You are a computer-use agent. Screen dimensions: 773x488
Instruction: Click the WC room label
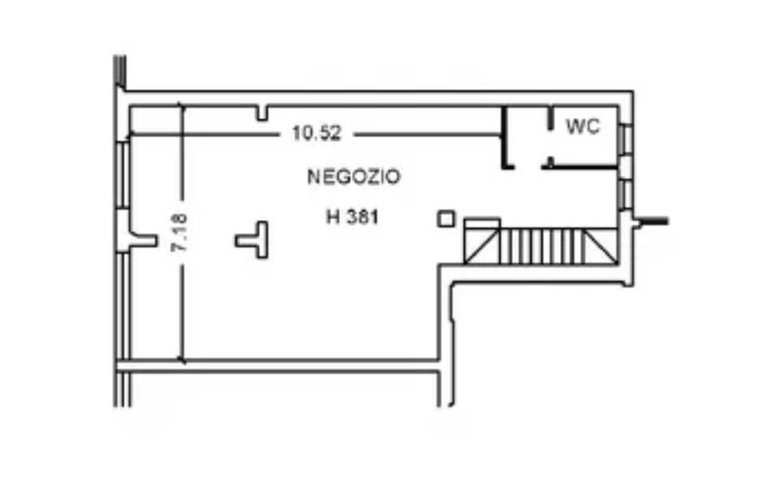582,127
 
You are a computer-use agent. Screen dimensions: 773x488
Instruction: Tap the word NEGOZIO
353,176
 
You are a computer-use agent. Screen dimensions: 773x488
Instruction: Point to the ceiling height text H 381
352,216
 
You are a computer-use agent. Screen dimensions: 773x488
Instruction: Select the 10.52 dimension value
317,133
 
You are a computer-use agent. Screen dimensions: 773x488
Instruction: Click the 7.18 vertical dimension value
179,232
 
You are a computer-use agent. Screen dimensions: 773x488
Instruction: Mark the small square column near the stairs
446,218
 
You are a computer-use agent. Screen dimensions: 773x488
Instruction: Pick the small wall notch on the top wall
262,113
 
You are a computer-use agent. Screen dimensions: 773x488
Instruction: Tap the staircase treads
542,246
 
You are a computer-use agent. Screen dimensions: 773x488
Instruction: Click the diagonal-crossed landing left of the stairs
482,246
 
